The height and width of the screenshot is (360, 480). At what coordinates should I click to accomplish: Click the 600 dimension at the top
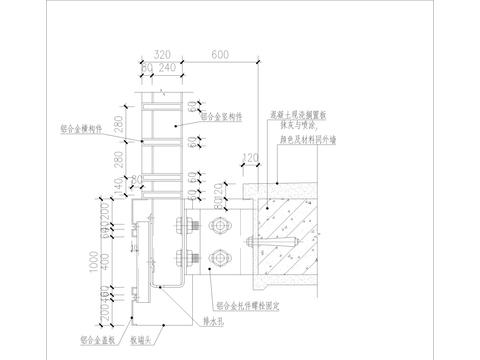[218, 57]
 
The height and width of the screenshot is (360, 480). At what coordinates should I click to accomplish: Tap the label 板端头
[153, 340]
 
